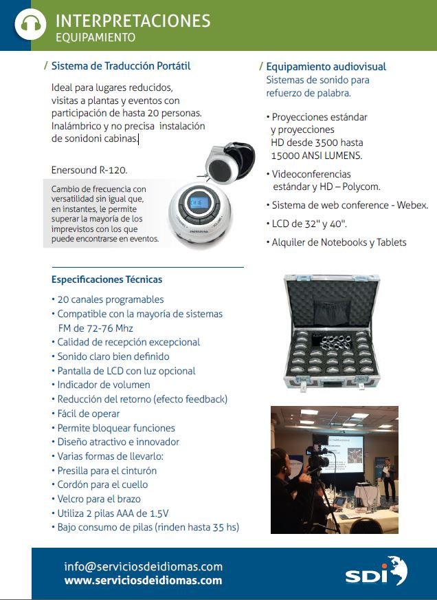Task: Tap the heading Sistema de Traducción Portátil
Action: click(x=120, y=66)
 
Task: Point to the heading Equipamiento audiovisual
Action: click(x=326, y=67)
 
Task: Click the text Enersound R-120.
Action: click(x=89, y=169)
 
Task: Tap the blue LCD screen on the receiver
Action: click(x=200, y=204)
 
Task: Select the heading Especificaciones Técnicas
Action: click(x=107, y=279)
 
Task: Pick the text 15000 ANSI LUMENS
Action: click(x=317, y=156)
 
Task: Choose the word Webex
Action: click(x=412, y=205)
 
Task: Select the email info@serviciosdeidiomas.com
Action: click(x=143, y=567)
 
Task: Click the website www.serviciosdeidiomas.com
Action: click(x=143, y=581)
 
